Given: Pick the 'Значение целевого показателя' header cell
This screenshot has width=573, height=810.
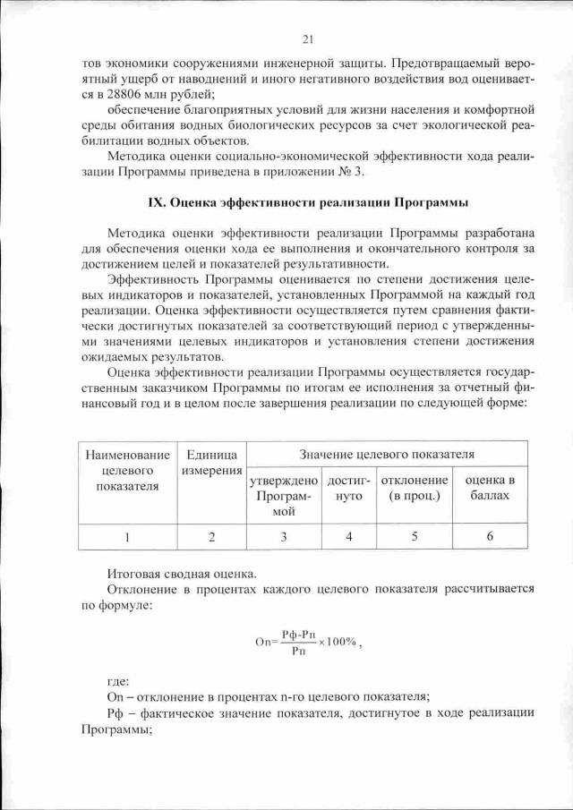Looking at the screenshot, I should point(387,455).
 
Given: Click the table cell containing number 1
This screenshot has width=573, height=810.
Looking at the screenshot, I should point(126,537).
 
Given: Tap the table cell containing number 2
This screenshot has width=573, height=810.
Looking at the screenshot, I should point(210,537).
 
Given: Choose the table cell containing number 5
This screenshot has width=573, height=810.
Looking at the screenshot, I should point(414,537).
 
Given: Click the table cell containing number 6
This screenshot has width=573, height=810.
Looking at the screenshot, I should point(490,537).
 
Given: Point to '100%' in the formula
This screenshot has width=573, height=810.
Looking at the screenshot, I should point(343,642).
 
